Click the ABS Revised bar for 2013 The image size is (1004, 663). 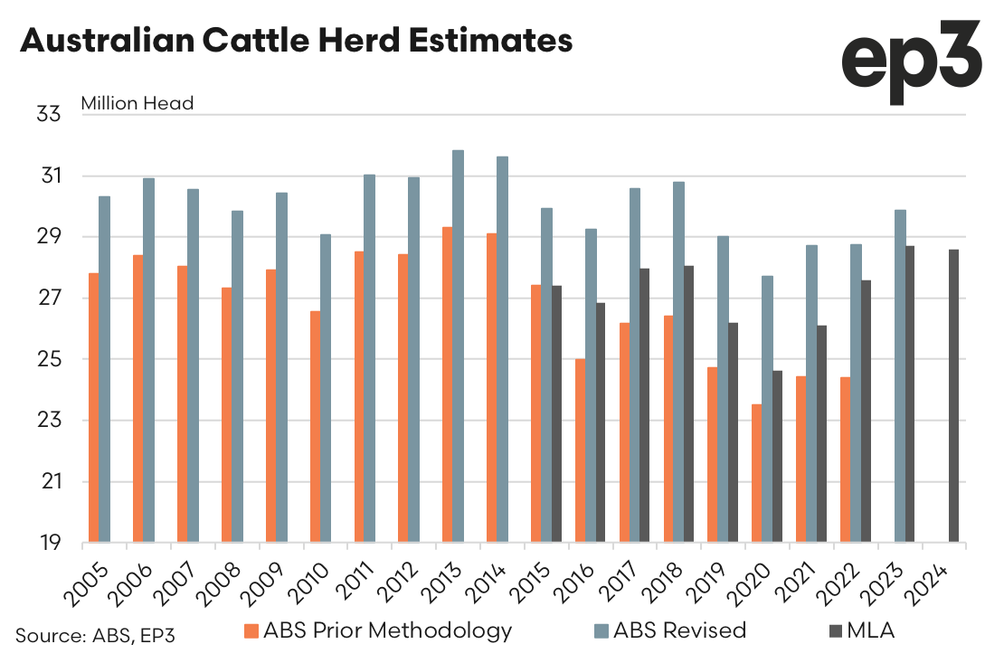[459, 346]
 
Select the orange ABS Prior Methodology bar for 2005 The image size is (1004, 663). [94, 408]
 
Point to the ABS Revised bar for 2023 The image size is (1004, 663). [900, 376]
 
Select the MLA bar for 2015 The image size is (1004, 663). [556, 414]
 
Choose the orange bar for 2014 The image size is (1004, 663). [491, 388]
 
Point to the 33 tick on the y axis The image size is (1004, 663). [48, 115]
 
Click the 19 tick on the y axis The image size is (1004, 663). [48, 544]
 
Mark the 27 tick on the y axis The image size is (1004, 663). [48, 298]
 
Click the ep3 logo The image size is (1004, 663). [911, 62]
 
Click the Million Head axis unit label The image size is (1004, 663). [137, 103]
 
